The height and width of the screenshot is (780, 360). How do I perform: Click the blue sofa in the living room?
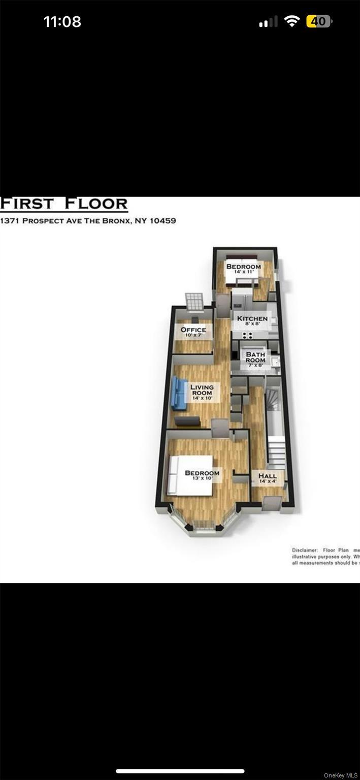pyautogui.click(x=179, y=393)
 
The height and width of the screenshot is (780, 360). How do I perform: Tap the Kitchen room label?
pyautogui.click(x=252, y=319)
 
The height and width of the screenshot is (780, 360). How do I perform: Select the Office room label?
pyautogui.click(x=193, y=330)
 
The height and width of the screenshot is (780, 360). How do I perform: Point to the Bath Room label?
pyautogui.click(x=255, y=357)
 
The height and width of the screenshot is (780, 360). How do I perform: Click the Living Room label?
pyautogui.click(x=202, y=390)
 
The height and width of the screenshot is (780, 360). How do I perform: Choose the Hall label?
pyautogui.click(x=268, y=476)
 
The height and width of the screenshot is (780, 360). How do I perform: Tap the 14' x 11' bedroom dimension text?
pyautogui.click(x=243, y=272)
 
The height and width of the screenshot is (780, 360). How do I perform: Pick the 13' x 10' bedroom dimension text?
pyautogui.click(x=202, y=479)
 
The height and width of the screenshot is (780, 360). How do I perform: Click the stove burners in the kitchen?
pyautogui.click(x=248, y=335)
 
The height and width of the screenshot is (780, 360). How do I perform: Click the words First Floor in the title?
pyautogui.click(x=64, y=204)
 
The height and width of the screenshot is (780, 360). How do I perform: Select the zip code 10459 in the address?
pyautogui.click(x=162, y=221)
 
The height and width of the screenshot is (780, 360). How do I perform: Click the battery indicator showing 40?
pyautogui.click(x=319, y=21)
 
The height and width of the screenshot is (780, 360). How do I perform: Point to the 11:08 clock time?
pyautogui.click(x=62, y=22)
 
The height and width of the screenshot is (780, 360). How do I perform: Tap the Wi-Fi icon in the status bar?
pyautogui.click(x=292, y=21)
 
